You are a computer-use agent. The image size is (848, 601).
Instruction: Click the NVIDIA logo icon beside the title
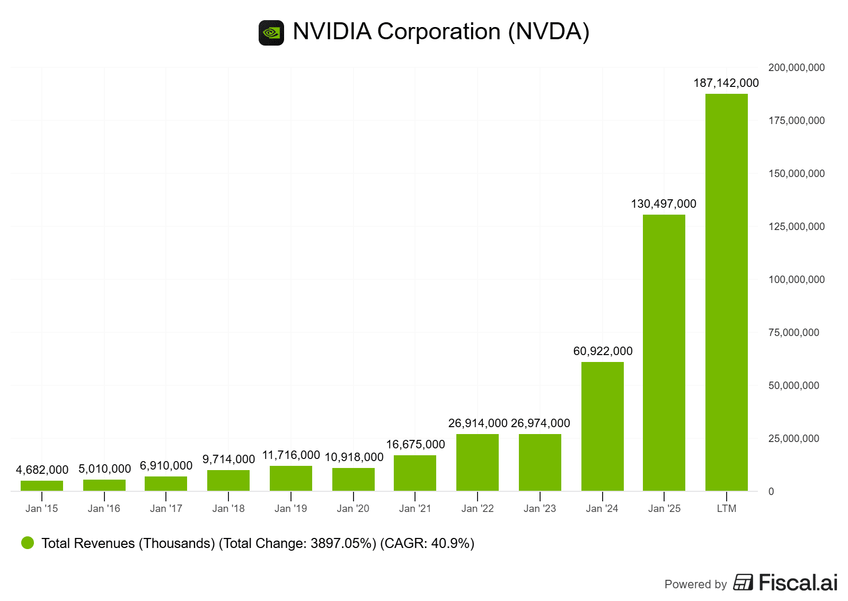tap(271, 33)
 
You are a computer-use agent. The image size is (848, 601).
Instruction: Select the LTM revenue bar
tap(726, 292)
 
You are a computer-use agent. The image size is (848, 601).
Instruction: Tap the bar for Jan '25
tap(664, 352)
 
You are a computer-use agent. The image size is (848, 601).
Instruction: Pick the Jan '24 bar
tap(602, 426)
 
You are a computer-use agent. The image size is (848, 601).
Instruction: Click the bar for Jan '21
tap(414, 473)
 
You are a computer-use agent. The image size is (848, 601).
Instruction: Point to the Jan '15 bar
tap(42, 485)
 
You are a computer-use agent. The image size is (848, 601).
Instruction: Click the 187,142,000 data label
tap(726, 83)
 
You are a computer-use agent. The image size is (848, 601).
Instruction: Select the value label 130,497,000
tap(664, 204)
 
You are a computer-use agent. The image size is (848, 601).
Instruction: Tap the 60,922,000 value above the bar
tap(603, 351)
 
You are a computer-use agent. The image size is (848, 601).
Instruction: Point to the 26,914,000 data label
tap(478, 423)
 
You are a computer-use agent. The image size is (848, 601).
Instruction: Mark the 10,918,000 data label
tap(354, 457)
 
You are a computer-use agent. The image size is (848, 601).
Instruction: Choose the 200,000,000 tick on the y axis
tap(796, 68)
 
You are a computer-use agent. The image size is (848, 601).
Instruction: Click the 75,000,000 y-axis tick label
tap(793, 333)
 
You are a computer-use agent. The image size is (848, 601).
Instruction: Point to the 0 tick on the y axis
tap(771, 492)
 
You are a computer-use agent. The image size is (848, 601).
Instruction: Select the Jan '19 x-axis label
tap(290, 509)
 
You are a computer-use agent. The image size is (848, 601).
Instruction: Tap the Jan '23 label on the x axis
tap(540, 509)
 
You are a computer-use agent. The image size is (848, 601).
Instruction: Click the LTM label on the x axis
tap(726, 509)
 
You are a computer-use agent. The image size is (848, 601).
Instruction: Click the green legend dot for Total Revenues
tap(28, 543)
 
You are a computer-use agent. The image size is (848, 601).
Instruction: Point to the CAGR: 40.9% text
tap(427, 544)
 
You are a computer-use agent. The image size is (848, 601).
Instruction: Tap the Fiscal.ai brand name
tap(798, 583)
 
